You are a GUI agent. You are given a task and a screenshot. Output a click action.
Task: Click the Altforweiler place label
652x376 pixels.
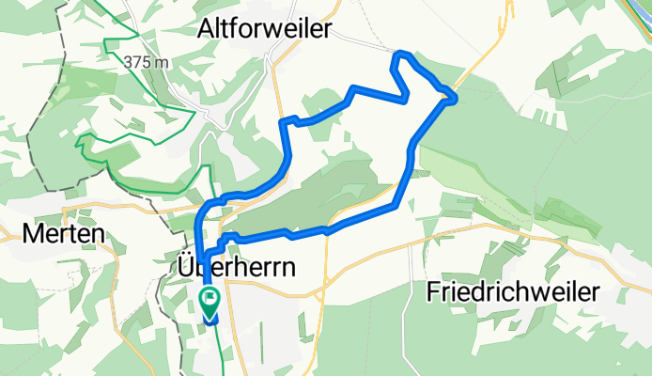pyautogui.click(x=265, y=30)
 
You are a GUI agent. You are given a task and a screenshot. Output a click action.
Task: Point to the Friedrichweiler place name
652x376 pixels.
pyautogui.click(x=512, y=291)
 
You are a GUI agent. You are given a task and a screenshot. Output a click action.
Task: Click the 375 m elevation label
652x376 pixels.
pyautogui.click(x=147, y=61)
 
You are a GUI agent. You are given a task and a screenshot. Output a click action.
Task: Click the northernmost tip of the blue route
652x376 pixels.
pyautogui.click(x=402, y=53)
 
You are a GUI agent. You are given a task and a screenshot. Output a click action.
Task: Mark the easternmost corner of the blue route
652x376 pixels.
pyautogui.click(x=456, y=97)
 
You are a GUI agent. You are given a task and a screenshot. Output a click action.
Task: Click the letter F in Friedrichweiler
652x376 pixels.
pyautogui.click(x=433, y=291)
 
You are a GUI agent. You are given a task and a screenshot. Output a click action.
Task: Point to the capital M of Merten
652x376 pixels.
pyautogui.click(x=20, y=233)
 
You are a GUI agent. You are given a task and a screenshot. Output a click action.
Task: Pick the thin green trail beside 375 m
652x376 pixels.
pyautogui.click(x=113, y=42)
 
